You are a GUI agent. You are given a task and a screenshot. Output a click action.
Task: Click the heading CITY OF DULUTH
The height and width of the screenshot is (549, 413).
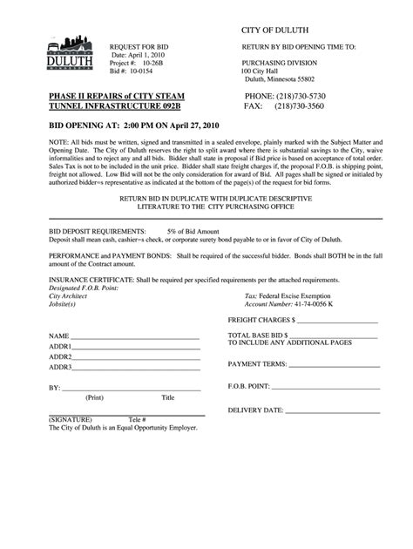coord(275,31)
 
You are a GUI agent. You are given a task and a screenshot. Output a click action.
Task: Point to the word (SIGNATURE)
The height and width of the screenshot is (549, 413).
coord(66,418)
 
